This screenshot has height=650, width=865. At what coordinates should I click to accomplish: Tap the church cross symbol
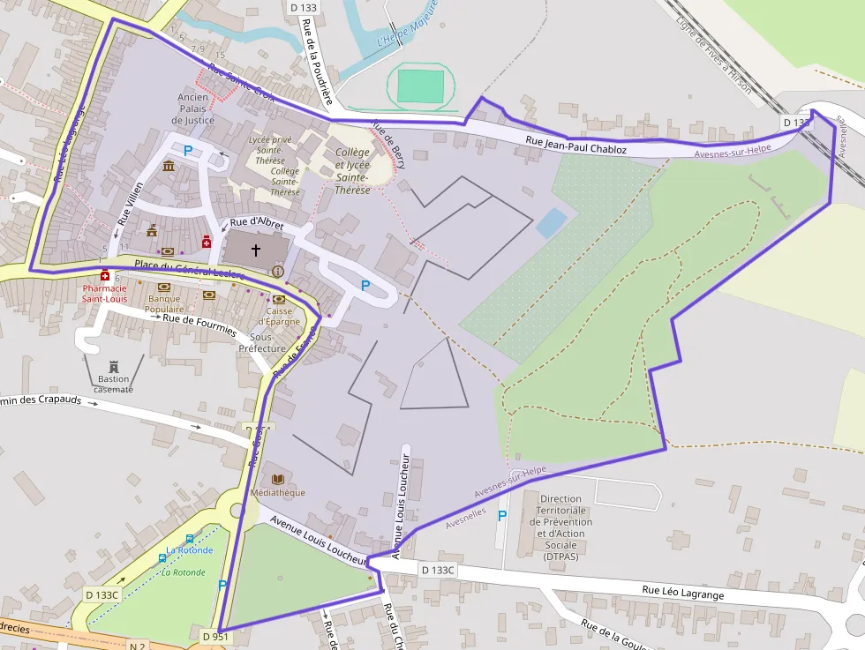256,250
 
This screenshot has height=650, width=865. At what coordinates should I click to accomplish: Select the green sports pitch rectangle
420,86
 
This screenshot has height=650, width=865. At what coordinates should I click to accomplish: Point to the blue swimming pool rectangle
551,222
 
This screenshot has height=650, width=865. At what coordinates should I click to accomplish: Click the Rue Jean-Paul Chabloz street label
575,146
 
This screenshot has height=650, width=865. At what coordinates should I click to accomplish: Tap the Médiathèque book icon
277,478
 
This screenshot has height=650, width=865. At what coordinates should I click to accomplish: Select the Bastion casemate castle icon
113,366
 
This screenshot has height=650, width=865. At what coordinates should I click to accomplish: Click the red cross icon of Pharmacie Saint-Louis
105,275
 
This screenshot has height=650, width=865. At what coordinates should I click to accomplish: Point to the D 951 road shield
215,636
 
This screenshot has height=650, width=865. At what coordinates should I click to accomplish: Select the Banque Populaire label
164,304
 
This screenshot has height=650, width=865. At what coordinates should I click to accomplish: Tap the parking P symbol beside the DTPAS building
503,516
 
